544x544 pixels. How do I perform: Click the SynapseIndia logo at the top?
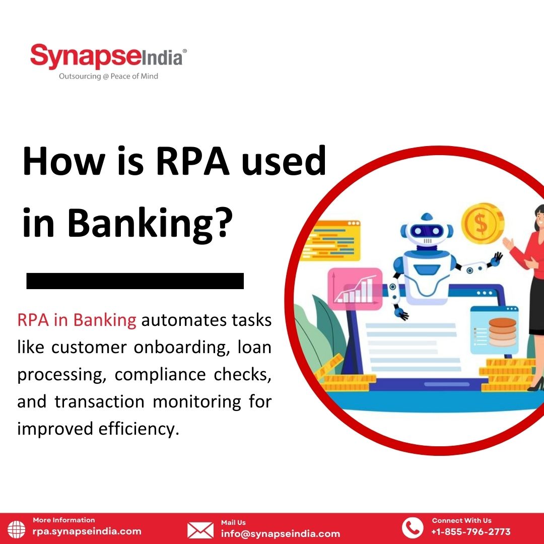pos(108,56)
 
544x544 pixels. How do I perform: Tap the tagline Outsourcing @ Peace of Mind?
pos(108,77)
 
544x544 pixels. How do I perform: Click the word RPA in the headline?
pos(193,161)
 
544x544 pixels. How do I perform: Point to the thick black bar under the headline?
pos(135,281)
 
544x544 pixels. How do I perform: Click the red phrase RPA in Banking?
pos(77,320)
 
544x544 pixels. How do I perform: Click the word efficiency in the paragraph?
pos(139,429)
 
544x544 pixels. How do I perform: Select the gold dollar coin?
pos(482,223)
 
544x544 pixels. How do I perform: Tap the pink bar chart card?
pos(355,289)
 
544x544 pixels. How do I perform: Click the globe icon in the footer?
pos(16,529)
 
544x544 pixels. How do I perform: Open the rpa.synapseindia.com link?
pos(87,531)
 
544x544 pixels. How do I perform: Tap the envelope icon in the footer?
pos(200,530)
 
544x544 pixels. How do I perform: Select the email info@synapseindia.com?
pos(281,533)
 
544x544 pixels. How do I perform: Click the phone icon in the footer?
pos(413,528)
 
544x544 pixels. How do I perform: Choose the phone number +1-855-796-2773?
pos(471,531)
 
